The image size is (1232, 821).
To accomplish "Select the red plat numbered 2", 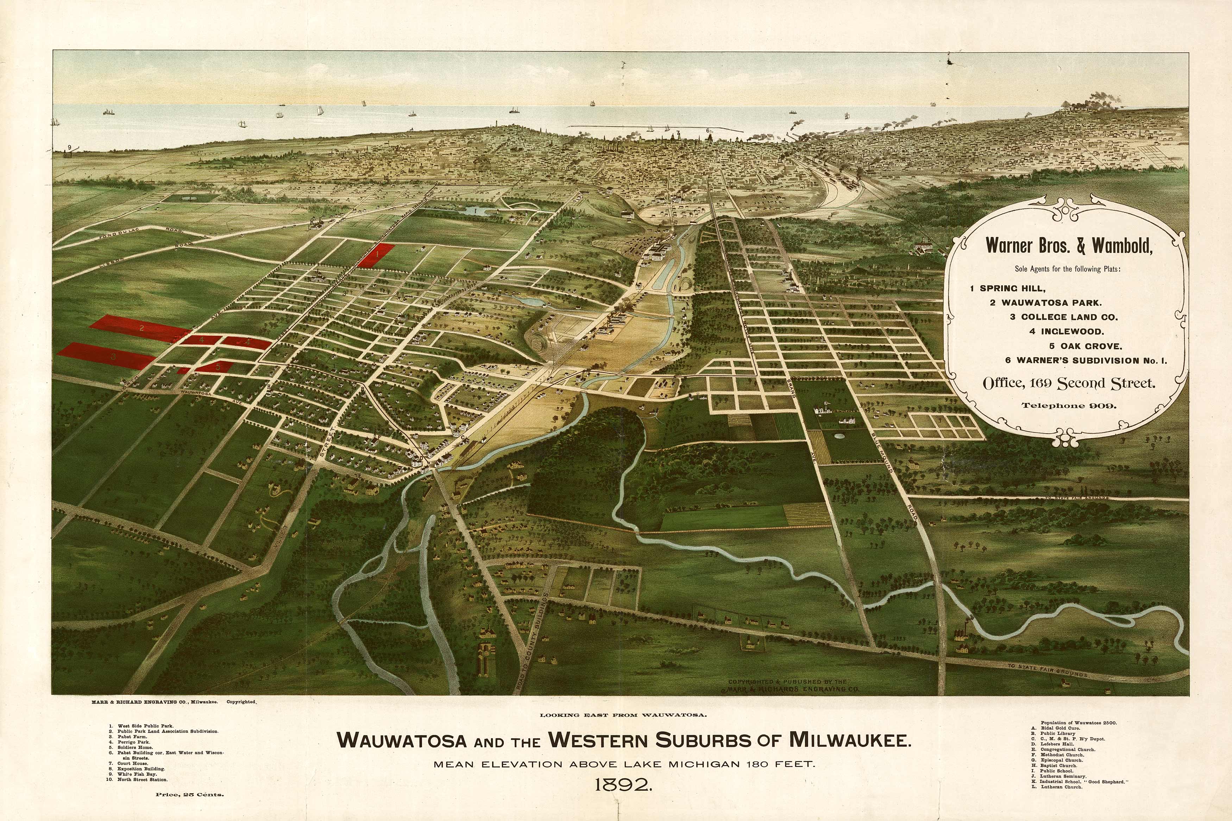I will pyautogui.click(x=139, y=328).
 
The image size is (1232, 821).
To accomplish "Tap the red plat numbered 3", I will pyautogui.click(x=107, y=356).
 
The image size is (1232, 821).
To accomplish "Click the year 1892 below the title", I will pyautogui.click(x=623, y=785).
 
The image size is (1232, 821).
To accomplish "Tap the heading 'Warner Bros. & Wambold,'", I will pyautogui.click(x=1069, y=245).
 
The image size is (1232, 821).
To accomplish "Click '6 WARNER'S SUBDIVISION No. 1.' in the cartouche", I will pyautogui.click(x=1086, y=360).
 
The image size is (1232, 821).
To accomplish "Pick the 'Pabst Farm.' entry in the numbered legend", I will pyautogui.click(x=132, y=737).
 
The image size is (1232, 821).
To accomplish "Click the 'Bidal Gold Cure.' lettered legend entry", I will pyautogui.click(x=1060, y=728).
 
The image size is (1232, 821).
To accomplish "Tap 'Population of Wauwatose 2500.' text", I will pyautogui.click(x=1079, y=723).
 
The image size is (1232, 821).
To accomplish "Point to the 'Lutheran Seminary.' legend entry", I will pyautogui.click(x=1063, y=776).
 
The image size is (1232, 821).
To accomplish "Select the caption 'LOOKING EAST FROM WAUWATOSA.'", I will pyautogui.click(x=623, y=715).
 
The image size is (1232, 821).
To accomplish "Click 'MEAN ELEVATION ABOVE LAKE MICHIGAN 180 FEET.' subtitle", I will pyautogui.click(x=624, y=764).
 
